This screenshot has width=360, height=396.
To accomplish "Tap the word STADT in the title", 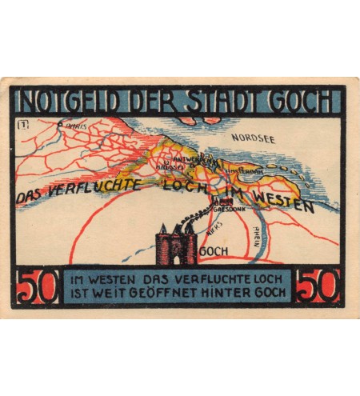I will [222, 102].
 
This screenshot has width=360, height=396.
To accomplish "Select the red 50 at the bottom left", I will [38, 287].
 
